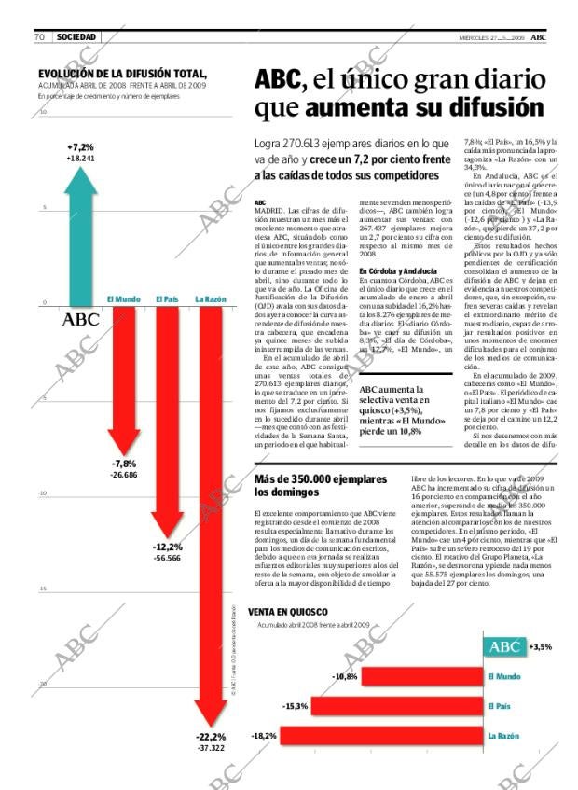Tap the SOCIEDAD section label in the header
76,36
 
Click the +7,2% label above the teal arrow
81,147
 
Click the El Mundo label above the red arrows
123,298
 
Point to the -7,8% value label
124,464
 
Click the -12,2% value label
168,547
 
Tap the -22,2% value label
212,736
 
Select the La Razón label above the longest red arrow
210,298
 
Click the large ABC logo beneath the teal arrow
80,320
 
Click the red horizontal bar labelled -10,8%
420,676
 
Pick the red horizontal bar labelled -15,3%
396,706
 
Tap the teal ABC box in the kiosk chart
503,646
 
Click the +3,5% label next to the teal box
541,646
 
